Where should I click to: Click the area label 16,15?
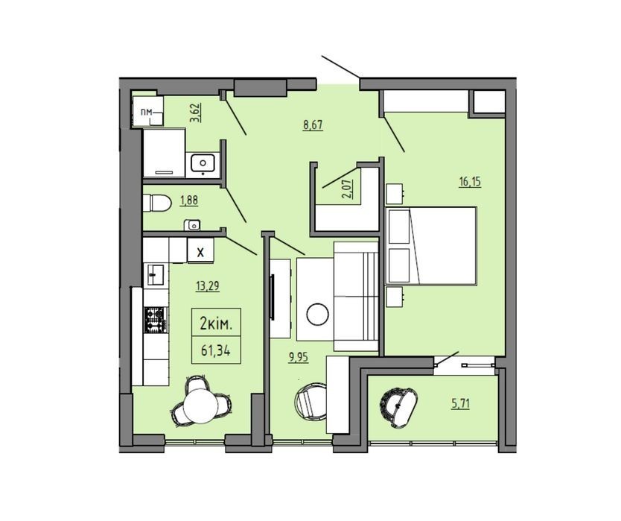[470, 182]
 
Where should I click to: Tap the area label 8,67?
[313, 125]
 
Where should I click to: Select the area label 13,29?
[208, 285]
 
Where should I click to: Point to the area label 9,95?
[298, 358]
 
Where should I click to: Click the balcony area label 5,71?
[460, 404]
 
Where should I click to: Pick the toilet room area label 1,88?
[189, 200]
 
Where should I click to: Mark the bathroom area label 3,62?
[196, 113]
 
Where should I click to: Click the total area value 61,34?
[216, 350]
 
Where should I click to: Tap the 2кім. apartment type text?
[216, 324]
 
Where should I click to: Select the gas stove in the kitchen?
[156, 320]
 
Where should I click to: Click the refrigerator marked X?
[200, 250]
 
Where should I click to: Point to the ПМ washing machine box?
[147, 112]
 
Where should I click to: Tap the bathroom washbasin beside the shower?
[203, 163]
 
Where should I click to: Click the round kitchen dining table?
[201, 405]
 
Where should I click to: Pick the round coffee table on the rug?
[318, 315]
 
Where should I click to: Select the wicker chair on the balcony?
[398, 406]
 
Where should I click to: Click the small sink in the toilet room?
[192, 225]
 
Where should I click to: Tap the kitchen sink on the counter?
[156, 275]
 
